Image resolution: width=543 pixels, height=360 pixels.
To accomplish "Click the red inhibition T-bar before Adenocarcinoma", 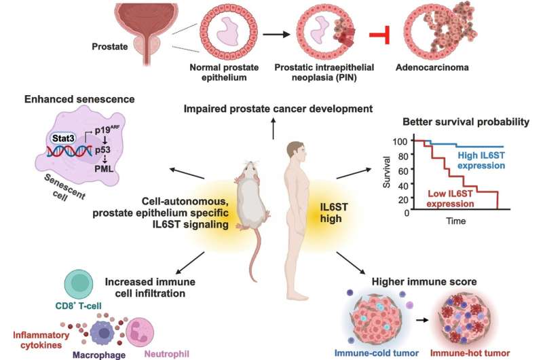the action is coord(380,35).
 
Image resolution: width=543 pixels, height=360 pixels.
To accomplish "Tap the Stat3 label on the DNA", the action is coord(63,139).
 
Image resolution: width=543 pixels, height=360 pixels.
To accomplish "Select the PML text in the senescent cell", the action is coord(104,169).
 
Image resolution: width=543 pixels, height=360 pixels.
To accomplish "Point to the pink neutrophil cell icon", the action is coord(140,332).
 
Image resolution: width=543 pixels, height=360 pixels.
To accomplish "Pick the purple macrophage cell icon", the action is coord(102,333).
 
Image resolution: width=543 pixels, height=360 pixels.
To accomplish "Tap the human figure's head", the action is coord(296,151).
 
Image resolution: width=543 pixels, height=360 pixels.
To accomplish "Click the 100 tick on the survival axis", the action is coord(400,141).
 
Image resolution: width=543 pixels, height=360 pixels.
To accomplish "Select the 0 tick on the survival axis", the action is coord(407,213).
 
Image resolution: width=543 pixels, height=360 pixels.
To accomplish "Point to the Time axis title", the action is coord(455,221).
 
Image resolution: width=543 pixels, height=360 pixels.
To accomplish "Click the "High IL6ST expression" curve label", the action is coord(481,160).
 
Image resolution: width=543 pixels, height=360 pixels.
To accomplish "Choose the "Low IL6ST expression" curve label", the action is coord(450,198).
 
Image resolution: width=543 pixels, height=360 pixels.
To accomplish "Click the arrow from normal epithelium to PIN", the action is coord(276,34).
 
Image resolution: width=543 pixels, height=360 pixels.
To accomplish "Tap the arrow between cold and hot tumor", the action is coord(422,320).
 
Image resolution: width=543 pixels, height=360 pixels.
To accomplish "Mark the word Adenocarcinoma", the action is coord(432,67).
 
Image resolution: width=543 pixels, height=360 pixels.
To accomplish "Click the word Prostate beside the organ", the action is coord(110,46).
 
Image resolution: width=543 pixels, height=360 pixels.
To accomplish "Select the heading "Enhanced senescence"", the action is coord(79,99).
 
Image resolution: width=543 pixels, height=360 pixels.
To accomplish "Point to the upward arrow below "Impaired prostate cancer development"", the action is coord(274,128).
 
